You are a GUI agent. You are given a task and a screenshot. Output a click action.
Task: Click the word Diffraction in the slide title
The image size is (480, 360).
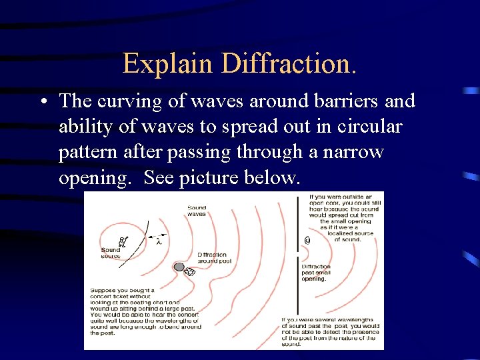click(289, 64)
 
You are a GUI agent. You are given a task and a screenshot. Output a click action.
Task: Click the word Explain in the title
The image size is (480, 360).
click(169, 64)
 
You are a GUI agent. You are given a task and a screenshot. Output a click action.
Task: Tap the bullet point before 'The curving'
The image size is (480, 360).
click(43, 102)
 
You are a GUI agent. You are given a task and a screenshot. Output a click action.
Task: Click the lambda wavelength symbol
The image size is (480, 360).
click(159, 241)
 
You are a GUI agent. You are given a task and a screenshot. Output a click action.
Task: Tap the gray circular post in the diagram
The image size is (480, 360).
click(179, 267)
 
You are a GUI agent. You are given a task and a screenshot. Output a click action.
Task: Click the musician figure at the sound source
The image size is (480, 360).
click(121, 241)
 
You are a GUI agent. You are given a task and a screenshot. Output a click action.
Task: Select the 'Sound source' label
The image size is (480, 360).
click(111, 253)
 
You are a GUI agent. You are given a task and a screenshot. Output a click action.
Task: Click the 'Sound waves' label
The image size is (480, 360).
click(197, 211)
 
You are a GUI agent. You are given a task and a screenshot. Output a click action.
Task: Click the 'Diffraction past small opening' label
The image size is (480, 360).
click(316, 273)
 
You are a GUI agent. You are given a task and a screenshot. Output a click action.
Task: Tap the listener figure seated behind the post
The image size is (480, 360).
click(189, 272)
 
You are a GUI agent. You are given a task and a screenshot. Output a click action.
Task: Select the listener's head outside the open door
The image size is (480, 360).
click(307, 240)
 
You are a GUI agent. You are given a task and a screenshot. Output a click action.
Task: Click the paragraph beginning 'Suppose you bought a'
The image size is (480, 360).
click(144, 312)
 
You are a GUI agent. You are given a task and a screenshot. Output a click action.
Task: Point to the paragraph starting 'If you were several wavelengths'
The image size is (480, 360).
click(330, 331)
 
